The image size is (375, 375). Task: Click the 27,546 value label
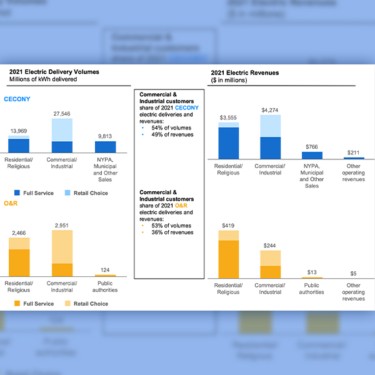tap(62, 114)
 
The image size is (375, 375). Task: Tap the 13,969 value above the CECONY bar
tap(19, 131)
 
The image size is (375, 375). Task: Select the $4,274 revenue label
tap(271, 110)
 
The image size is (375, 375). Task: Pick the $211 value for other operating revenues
tap(354, 152)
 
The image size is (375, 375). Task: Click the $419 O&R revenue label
tap(228, 225)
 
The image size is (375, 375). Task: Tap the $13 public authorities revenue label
tap(312, 272)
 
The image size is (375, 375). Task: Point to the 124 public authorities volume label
tap(105, 270)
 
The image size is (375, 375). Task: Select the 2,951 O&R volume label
tap(62, 225)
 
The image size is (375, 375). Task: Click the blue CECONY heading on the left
tap(17, 99)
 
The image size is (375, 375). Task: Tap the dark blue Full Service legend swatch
tap(17, 193)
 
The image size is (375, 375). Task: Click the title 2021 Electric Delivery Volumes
tap(54, 72)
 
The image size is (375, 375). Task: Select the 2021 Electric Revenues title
tap(245, 72)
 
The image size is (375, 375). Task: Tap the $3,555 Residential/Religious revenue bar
tap(228, 141)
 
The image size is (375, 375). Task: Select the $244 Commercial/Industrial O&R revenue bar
tap(271, 264)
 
